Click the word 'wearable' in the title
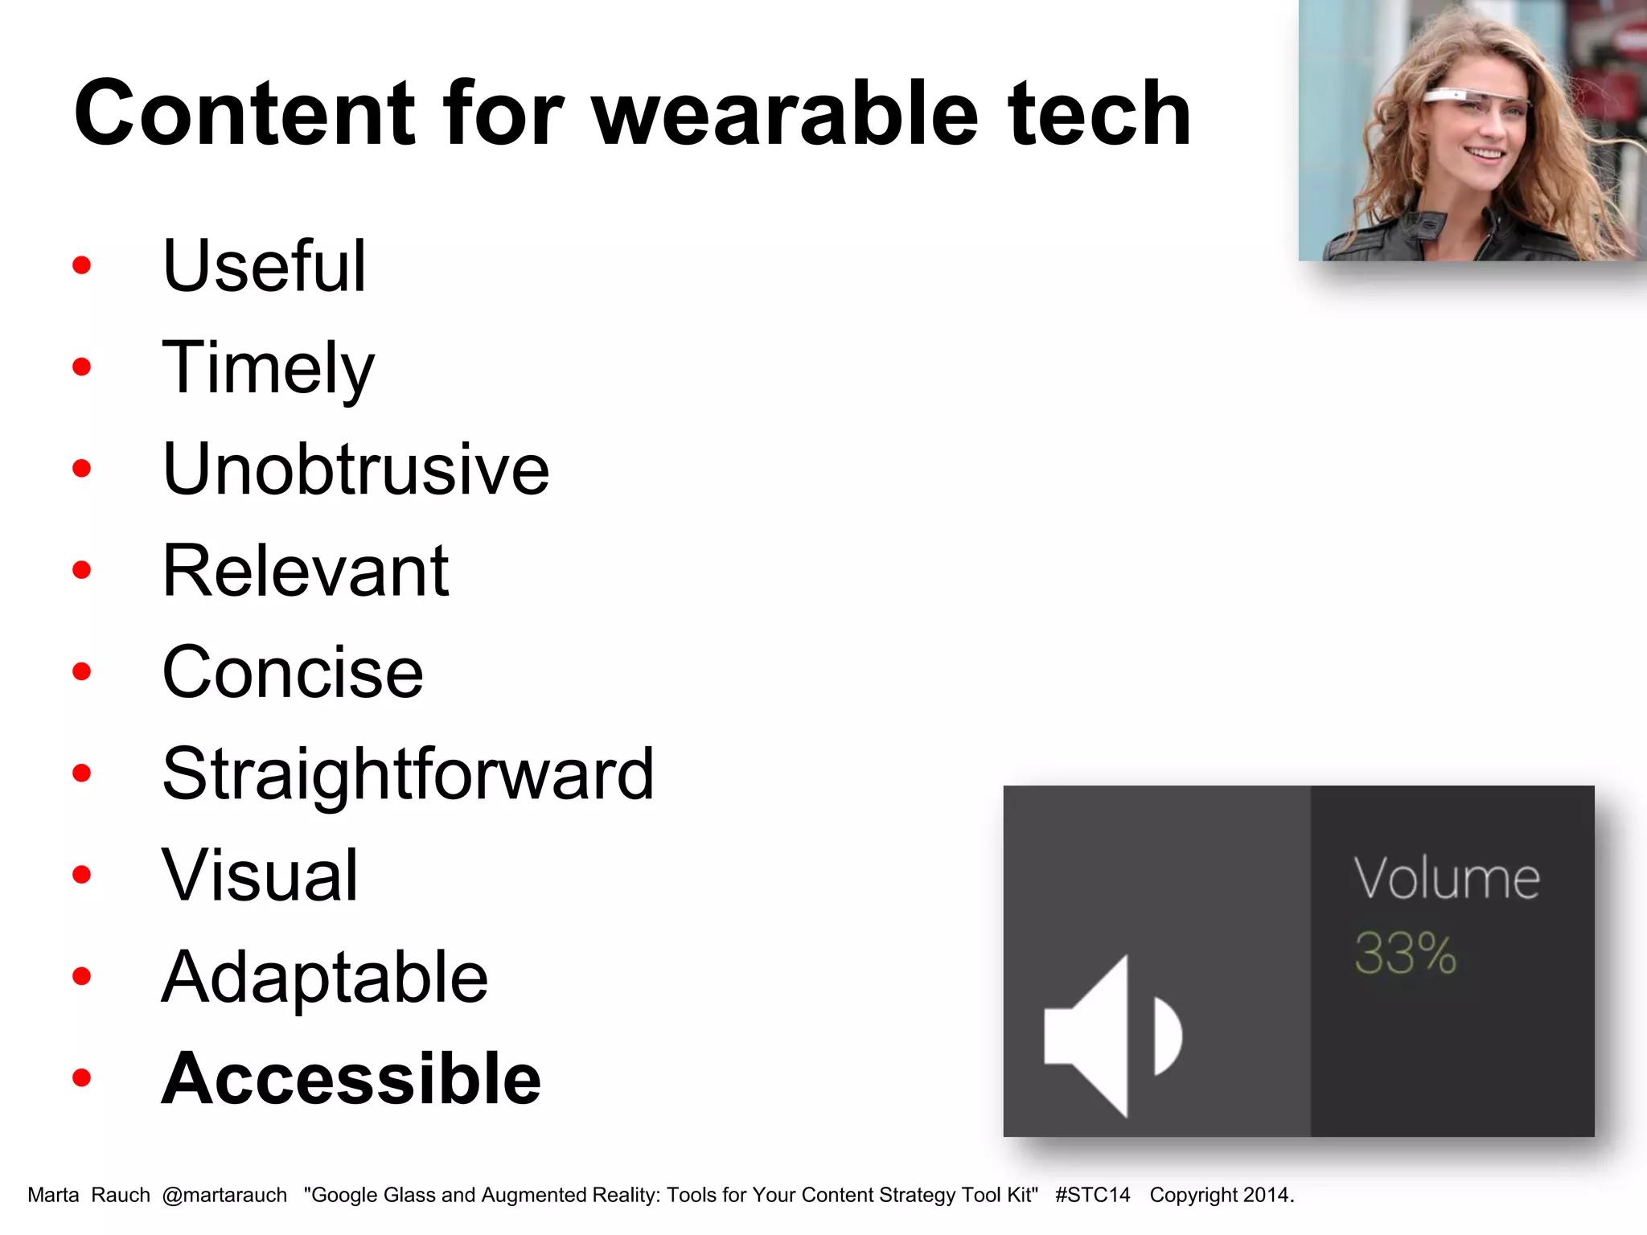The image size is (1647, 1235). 785,114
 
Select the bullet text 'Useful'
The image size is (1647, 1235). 264,266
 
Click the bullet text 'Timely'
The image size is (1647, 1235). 268,368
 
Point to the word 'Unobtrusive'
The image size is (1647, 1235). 355,470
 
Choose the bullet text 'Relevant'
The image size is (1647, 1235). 305,571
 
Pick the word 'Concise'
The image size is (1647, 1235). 292,673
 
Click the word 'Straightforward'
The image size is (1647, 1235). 408,774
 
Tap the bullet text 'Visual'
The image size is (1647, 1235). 259,876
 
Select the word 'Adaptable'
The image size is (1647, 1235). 324,978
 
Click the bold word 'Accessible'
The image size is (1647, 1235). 351,1079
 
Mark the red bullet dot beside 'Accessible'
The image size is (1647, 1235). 81,1077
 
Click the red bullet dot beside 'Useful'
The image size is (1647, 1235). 81,265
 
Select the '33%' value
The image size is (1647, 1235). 1405,954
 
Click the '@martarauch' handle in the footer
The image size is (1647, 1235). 224,1196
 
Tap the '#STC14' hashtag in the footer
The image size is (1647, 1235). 1092,1196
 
